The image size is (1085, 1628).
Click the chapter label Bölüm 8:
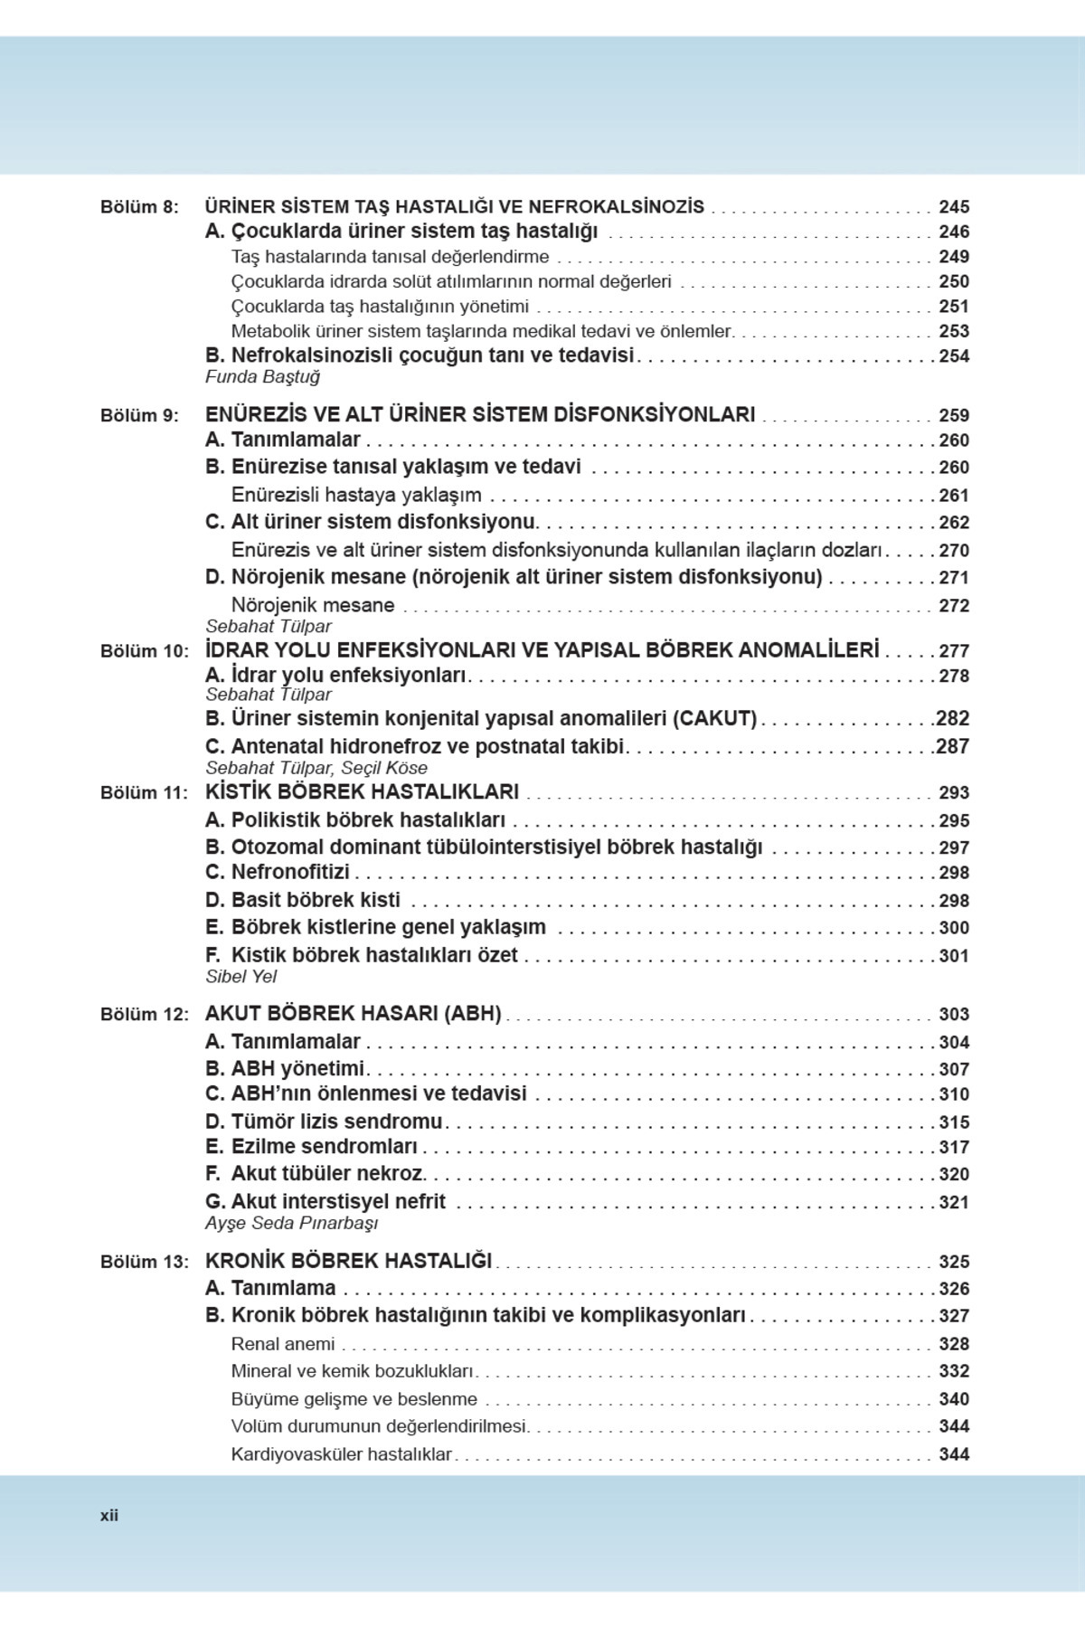tap(139, 207)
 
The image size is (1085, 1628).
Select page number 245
tap(953, 207)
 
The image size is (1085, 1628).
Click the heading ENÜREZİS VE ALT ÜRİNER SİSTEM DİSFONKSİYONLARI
tap(480, 415)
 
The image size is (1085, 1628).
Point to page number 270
tap(953, 551)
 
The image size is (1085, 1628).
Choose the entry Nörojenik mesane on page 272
tap(313, 605)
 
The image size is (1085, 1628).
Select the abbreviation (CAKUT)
tap(714, 719)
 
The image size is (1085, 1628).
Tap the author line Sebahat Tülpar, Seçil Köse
tap(316, 768)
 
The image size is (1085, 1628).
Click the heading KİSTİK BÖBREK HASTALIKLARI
tap(362, 792)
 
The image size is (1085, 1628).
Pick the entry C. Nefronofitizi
tap(277, 873)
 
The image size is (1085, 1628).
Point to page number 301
tap(953, 956)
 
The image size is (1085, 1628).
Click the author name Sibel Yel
tap(241, 977)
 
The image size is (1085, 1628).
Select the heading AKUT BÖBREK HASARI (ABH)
tap(353, 1014)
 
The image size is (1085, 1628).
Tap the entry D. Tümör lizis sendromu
tap(324, 1122)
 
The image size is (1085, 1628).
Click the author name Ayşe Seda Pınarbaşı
tap(291, 1224)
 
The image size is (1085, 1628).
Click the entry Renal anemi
tap(283, 1344)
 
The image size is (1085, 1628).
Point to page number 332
tap(953, 1371)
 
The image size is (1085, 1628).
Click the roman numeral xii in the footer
tap(109, 1516)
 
